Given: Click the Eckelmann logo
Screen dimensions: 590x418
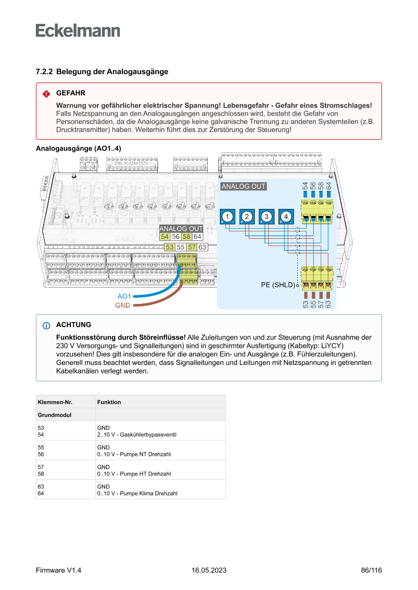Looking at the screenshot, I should [78, 30].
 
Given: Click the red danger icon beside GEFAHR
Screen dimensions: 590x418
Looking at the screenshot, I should [46, 94].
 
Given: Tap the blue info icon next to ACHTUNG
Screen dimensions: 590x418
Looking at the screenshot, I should [47, 325].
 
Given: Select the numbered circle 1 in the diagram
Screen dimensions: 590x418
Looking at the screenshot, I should [228, 217].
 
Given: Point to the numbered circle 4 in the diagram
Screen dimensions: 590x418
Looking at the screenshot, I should [286, 217].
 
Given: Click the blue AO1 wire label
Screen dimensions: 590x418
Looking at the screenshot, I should [124, 296].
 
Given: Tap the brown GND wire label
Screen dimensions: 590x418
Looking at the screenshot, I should [123, 305].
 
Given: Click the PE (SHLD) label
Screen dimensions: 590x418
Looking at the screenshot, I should [277, 285].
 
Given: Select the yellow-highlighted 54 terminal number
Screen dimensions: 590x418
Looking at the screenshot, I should [164, 236].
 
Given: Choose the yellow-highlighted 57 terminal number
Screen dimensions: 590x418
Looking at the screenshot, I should [192, 247].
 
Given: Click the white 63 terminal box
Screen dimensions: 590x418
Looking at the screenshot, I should [202, 247].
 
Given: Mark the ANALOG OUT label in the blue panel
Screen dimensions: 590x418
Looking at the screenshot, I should [244, 186].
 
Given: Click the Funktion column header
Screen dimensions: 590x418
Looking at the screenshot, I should [109, 402].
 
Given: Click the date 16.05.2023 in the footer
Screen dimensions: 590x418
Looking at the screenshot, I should [209, 570].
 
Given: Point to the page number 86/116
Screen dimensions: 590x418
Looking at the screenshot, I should [371, 570].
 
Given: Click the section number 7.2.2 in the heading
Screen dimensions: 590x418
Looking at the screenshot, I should [44, 72].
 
